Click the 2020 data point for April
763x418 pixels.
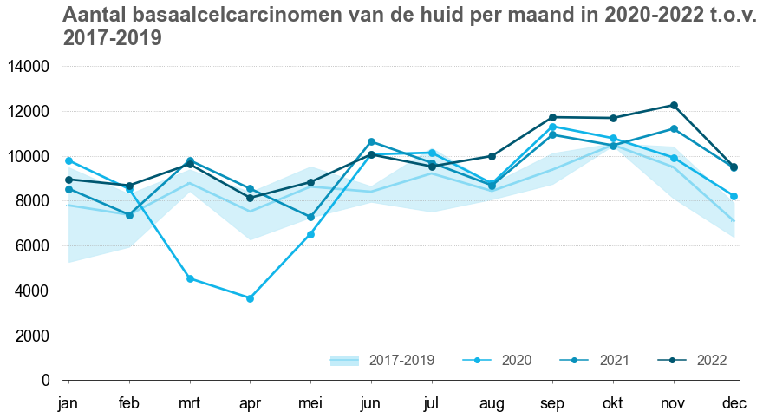(x=250, y=298)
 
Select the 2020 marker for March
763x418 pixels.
(x=190, y=278)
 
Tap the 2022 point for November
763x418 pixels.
(x=674, y=106)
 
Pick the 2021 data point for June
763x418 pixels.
(x=371, y=141)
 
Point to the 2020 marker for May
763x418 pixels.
(x=310, y=234)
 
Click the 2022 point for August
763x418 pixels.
(x=492, y=156)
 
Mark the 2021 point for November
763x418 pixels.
(x=674, y=129)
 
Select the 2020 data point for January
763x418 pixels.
(x=68, y=160)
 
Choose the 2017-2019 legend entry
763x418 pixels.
(x=382, y=360)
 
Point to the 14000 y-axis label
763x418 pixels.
(x=31, y=67)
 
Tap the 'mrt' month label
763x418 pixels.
(x=190, y=403)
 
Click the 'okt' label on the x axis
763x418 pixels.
(x=613, y=403)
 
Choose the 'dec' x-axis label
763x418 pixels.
(x=734, y=403)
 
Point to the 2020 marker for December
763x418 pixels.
(x=734, y=197)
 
